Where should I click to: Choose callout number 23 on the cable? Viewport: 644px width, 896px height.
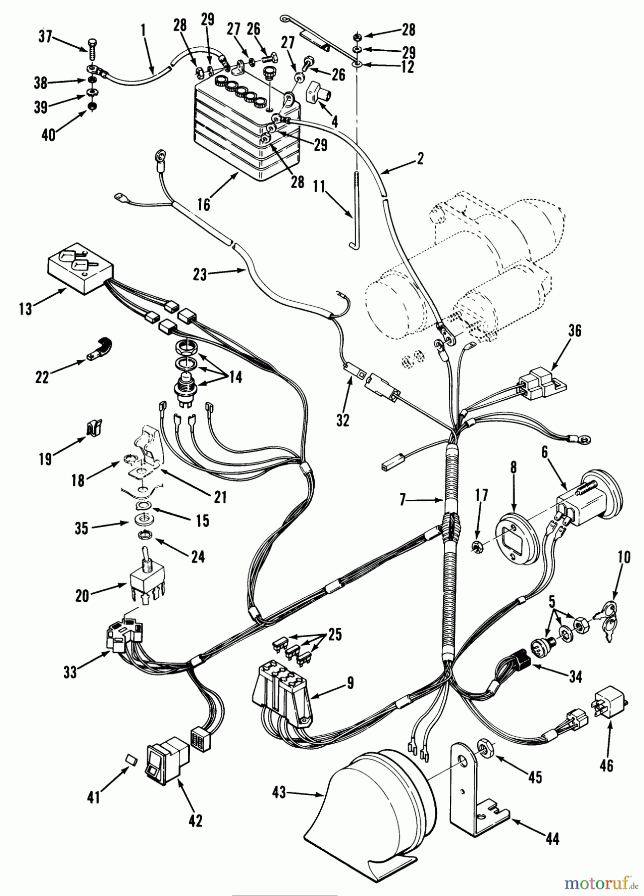(x=200, y=275)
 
